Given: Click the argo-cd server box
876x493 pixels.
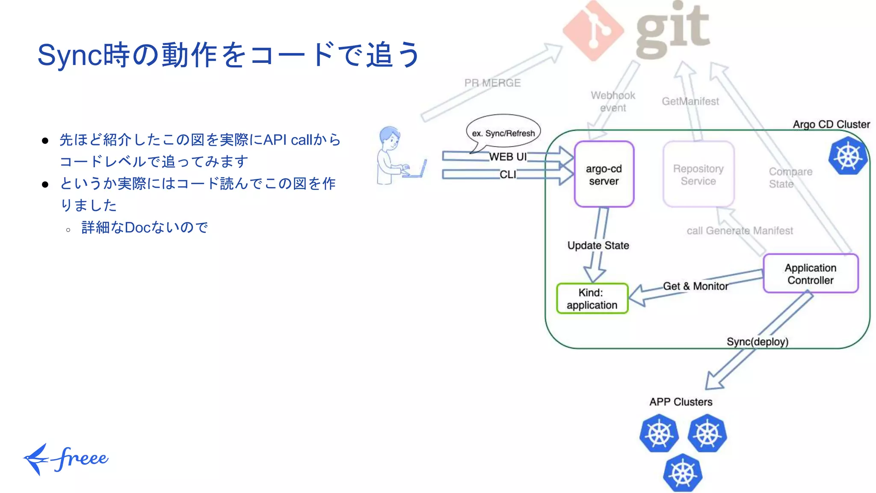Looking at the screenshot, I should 604,175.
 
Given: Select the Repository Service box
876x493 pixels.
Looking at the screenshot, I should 698,175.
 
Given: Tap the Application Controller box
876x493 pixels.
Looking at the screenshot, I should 810,274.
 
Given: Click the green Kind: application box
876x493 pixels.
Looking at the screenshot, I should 592,299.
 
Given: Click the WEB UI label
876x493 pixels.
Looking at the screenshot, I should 507,157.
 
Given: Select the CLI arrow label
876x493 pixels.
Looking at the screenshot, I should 508,175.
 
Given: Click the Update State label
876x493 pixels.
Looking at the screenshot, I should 598,245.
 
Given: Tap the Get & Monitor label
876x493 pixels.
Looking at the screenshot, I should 695,286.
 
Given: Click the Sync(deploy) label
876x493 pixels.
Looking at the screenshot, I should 757,342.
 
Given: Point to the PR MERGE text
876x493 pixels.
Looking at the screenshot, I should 492,83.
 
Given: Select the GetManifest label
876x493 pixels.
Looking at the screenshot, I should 690,101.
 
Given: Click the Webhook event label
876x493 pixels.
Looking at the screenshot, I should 613,101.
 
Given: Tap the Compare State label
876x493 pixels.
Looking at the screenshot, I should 790,178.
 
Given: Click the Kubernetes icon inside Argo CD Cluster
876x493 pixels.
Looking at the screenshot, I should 848,156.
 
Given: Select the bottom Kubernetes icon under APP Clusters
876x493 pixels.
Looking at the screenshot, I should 682,473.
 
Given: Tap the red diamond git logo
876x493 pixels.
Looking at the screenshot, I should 593,31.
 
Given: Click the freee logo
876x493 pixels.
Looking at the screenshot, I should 66,459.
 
